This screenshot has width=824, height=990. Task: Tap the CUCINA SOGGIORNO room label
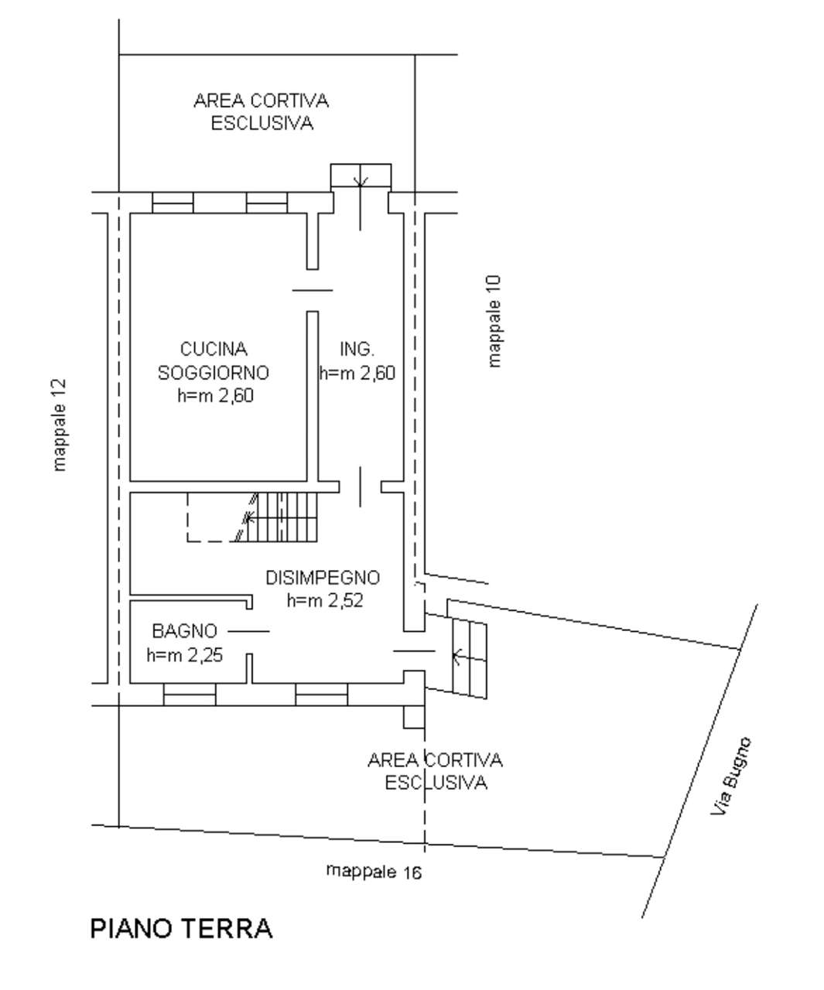(213, 361)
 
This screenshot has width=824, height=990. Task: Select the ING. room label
(357, 350)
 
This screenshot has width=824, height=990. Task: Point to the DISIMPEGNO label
(323, 578)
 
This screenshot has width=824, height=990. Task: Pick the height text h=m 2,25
(185, 655)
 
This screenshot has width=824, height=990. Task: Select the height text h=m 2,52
(324, 600)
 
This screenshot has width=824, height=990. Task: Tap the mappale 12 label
(60, 425)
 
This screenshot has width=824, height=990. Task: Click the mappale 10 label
(494, 321)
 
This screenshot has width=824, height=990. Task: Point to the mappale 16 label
(374, 872)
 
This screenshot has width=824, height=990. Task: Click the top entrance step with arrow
(361, 176)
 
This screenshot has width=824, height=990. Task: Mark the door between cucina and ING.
(312, 290)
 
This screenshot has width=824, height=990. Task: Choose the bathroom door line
(248, 631)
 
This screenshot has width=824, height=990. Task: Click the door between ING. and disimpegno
(360, 486)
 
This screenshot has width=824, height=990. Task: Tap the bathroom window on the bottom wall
(190, 694)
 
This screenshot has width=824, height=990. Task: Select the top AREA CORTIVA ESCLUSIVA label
(262, 112)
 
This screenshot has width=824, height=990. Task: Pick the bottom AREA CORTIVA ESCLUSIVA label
(435, 771)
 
